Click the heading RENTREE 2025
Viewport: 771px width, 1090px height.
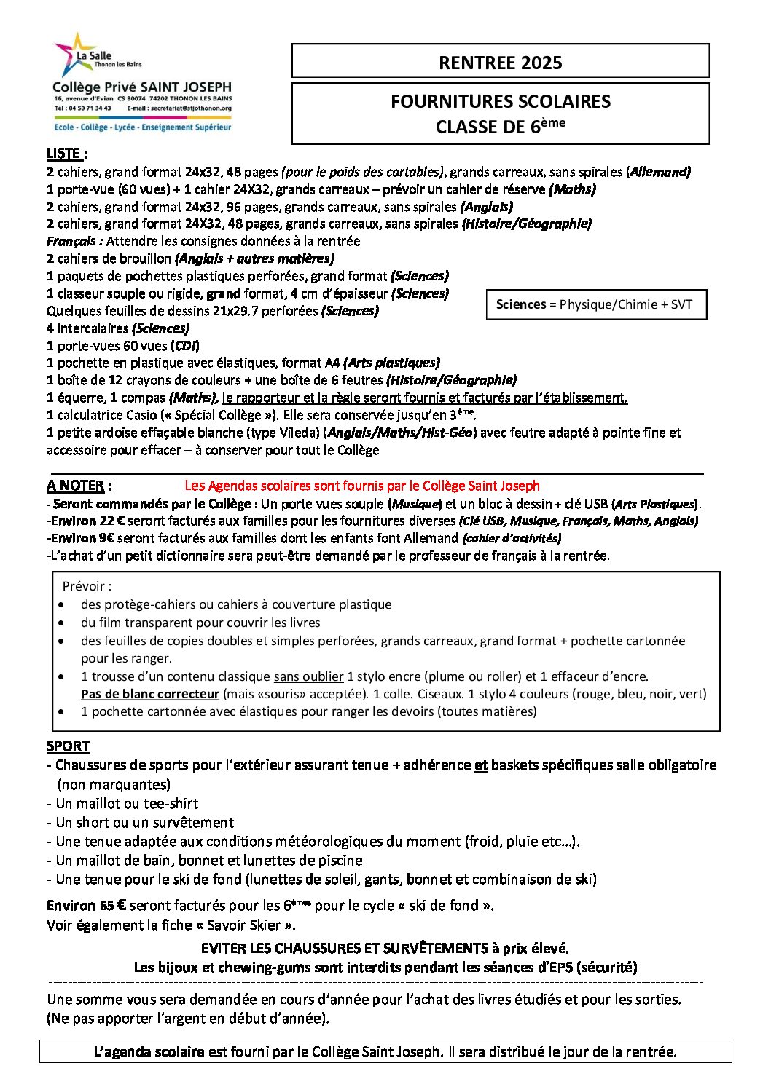500,63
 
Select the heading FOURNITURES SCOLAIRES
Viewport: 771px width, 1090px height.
500,101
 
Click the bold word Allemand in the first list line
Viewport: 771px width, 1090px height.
659,172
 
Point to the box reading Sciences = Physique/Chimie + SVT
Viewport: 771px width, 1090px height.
595,304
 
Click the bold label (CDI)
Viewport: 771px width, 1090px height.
185,346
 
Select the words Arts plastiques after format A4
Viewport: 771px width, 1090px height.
391,363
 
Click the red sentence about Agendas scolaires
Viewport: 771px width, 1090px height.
362,486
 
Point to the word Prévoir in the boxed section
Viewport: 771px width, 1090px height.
86,586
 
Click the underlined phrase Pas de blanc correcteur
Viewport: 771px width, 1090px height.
150,694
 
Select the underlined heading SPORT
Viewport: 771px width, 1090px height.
68,746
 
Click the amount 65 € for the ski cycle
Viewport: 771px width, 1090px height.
113,906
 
